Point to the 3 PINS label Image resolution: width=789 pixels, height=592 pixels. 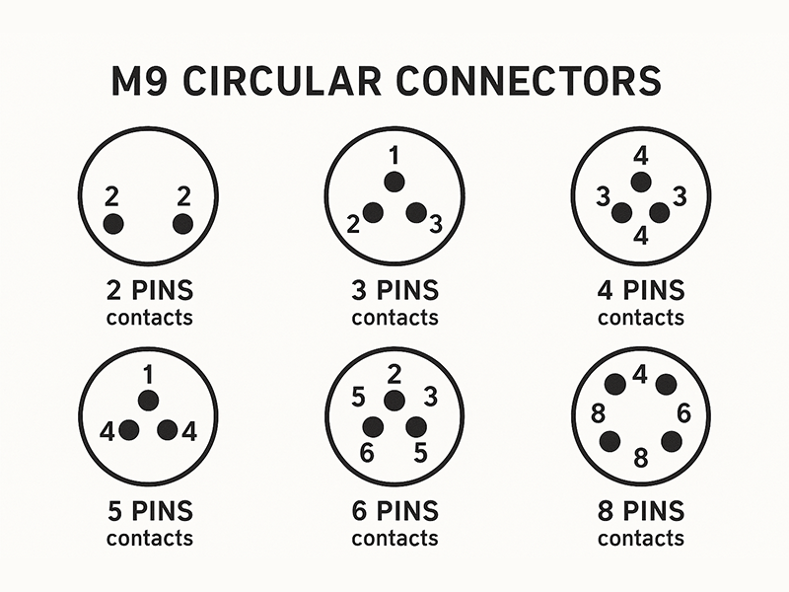coord(394,293)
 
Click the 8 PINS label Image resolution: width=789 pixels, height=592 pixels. coord(640,513)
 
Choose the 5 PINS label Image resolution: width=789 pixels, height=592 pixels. coord(149,513)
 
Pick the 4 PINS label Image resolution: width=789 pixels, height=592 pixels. coord(640,293)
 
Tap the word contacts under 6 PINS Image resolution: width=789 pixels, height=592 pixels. coord(394,539)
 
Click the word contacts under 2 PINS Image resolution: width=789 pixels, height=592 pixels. coord(149,318)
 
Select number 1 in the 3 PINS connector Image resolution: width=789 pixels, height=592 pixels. coord(394,156)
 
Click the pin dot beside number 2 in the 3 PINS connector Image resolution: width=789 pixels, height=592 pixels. coord(373,212)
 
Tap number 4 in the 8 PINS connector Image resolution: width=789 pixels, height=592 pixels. coord(640,374)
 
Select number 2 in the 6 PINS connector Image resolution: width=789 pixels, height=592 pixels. coord(394,374)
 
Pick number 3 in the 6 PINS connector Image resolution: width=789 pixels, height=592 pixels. coord(430,397)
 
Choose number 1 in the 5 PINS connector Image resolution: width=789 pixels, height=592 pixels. coord(148,375)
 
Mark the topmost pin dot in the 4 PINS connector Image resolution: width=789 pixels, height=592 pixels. coord(640,182)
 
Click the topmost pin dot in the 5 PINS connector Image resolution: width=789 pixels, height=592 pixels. coord(148,400)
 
